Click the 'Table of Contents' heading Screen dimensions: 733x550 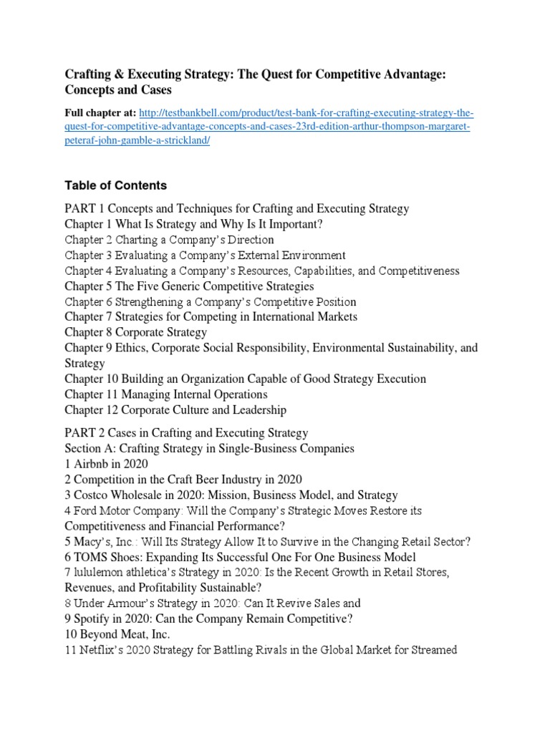click(115, 185)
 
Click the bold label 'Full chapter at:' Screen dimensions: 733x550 click(100, 114)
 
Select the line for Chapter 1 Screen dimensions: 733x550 click(193, 225)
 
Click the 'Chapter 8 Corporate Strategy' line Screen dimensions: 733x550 click(136, 332)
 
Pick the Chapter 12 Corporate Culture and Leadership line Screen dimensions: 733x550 click(175, 410)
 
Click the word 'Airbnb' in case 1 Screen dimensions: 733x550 click(92, 464)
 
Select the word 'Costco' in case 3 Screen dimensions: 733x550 click(92, 495)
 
